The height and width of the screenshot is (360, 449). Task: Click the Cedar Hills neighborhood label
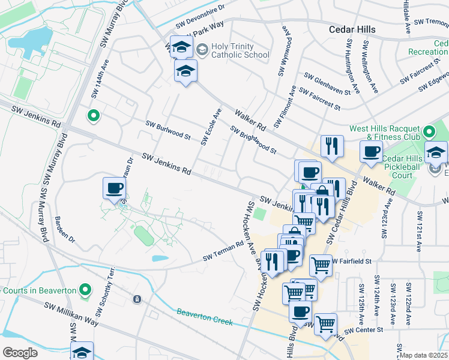click(352, 29)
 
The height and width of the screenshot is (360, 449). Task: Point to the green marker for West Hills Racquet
click(429, 131)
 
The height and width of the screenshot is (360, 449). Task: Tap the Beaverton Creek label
click(204, 317)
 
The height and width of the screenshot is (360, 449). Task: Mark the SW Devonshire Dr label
click(200, 17)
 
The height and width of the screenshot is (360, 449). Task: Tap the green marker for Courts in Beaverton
click(85, 290)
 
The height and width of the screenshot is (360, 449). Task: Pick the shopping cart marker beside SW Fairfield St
click(321, 263)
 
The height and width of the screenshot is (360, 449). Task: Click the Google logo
click(20, 353)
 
